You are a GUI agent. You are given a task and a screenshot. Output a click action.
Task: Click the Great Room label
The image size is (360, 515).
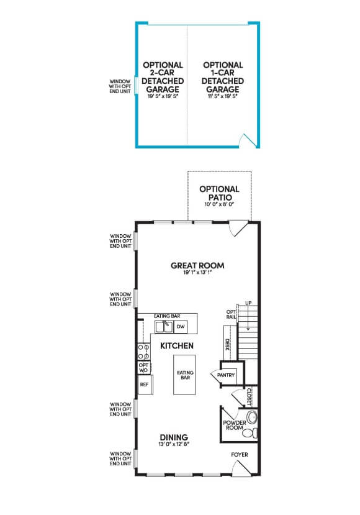click(x=197, y=265)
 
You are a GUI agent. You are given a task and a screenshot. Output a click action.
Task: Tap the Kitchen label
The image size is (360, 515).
click(x=177, y=345)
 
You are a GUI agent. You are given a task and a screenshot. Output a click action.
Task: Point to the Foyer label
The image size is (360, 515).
click(x=240, y=454)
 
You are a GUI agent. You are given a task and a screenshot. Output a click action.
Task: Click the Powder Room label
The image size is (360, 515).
click(x=235, y=426)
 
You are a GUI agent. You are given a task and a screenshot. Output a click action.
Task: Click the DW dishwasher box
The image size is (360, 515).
click(x=181, y=326)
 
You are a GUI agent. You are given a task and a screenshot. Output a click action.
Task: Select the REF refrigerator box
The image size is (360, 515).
click(x=144, y=385)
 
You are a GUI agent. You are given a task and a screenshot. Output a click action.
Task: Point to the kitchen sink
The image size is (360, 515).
click(x=163, y=327)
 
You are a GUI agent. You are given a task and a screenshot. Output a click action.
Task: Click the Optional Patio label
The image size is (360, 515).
click(x=219, y=193)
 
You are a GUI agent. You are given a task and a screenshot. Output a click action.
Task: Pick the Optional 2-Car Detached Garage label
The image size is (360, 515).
click(x=163, y=78)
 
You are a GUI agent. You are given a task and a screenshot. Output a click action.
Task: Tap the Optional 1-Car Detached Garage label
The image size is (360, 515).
click(x=222, y=78)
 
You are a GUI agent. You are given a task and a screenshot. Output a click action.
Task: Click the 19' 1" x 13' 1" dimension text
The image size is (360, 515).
click(x=197, y=273)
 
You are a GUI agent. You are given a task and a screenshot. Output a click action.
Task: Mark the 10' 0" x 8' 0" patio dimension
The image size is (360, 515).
click(x=219, y=204)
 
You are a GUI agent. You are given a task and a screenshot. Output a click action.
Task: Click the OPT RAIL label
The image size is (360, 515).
click(x=231, y=315)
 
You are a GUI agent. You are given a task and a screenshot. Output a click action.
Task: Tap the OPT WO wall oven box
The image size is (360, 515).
click(x=143, y=367)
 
